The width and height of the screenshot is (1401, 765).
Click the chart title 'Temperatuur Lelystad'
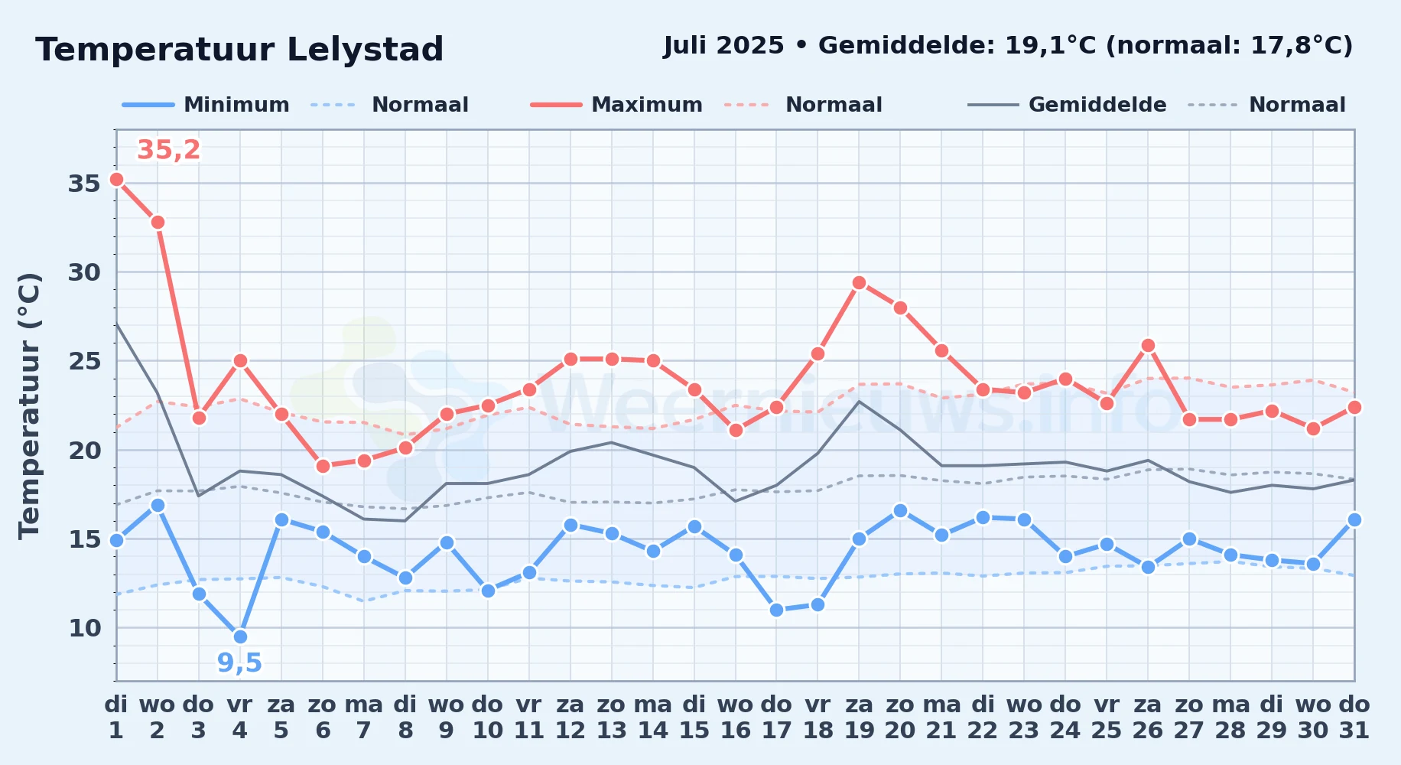pyautogui.click(x=239, y=50)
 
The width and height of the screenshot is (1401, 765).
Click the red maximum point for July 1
pyautogui.click(x=116, y=180)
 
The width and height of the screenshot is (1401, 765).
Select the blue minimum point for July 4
pyautogui.click(x=240, y=636)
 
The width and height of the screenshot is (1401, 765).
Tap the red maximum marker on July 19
pyautogui.click(x=859, y=283)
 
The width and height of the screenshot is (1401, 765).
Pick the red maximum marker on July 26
pyautogui.click(x=1148, y=346)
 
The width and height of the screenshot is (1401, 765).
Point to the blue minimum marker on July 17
pyautogui.click(x=776, y=610)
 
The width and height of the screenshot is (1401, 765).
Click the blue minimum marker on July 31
pyautogui.click(x=1354, y=520)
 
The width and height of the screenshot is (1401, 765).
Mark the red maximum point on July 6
pyautogui.click(x=323, y=466)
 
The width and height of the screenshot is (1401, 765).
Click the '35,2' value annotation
pyautogui.click(x=168, y=150)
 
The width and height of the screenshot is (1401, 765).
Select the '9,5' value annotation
pyautogui.click(x=239, y=662)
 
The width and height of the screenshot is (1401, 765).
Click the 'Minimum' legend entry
pyautogui.click(x=206, y=105)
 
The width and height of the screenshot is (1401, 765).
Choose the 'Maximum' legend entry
pyautogui.click(x=616, y=105)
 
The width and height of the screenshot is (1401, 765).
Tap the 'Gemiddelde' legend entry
pyautogui.click(x=1068, y=105)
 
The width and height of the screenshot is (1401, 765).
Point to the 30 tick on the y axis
pyautogui.click(x=84, y=272)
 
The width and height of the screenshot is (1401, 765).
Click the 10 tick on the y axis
pyautogui.click(x=84, y=628)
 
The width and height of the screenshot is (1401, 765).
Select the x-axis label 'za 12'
pyautogui.click(x=570, y=717)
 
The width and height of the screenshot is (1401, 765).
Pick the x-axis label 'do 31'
pyautogui.click(x=1354, y=717)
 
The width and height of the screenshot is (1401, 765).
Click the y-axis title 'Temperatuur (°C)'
pyautogui.click(x=29, y=405)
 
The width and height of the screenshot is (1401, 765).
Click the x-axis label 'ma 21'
pyautogui.click(x=941, y=717)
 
